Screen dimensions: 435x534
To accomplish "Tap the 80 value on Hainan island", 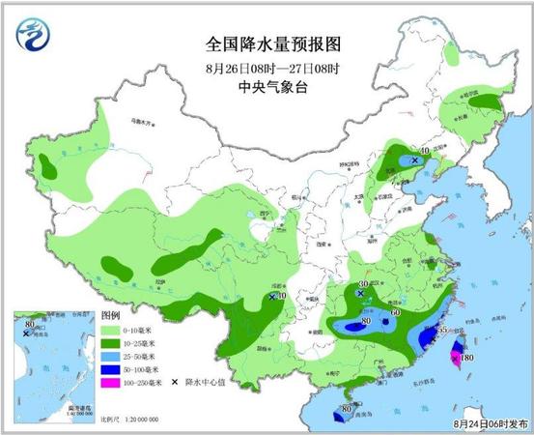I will (x=345, y=411).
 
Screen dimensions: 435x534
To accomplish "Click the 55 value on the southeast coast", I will (x=442, y=331).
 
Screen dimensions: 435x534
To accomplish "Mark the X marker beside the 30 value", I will (x=360, y=292).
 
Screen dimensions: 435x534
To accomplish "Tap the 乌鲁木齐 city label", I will (x=142, y=124).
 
